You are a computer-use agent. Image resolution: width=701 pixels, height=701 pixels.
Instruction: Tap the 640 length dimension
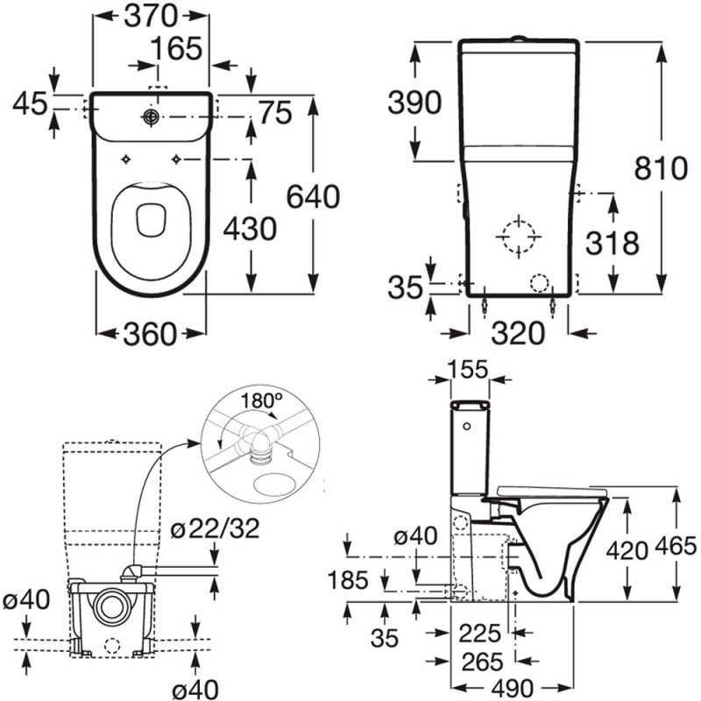(311, 198)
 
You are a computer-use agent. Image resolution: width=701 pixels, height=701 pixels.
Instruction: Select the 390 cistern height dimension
(414, 103)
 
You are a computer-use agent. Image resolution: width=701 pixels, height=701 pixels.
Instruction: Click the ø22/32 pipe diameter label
(215, 529)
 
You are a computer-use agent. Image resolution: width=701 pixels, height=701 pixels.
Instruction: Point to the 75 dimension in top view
(275, 114)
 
